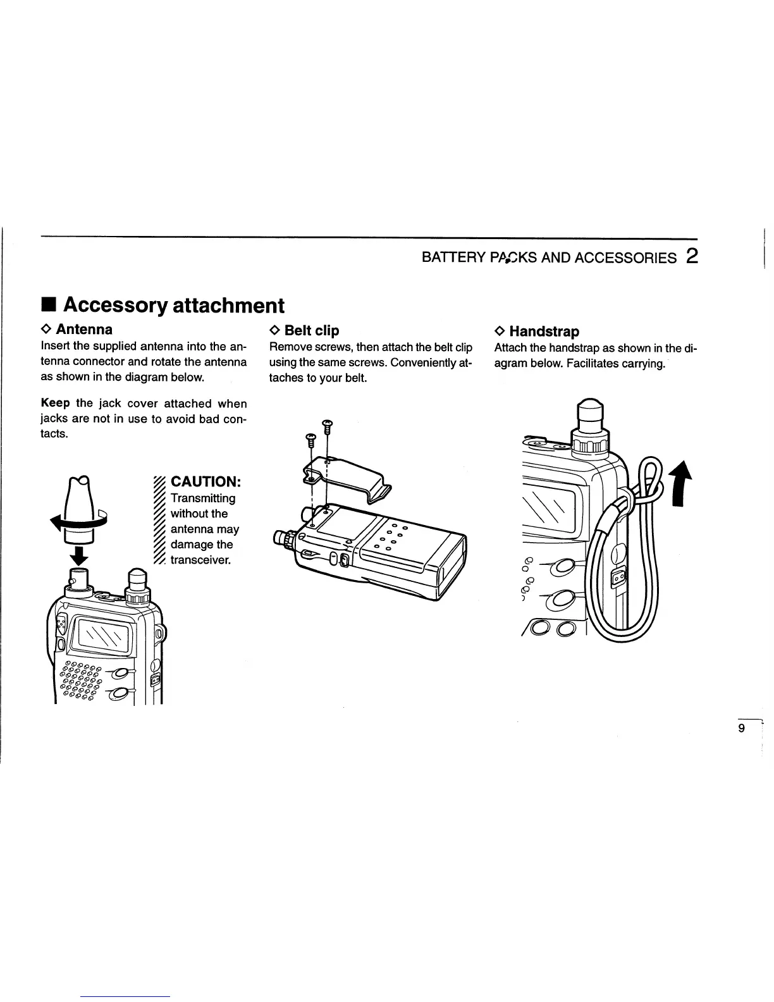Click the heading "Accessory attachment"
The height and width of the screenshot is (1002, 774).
(x=173, y=306)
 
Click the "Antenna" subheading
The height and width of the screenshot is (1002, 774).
(x=84, y=330)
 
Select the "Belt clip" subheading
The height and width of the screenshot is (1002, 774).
(x=311, y=330)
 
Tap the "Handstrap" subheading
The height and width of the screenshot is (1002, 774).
(x=544, y=331)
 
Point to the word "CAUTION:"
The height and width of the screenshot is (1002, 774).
(x=205, y=482)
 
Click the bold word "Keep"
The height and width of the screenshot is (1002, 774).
(x=55, y=404)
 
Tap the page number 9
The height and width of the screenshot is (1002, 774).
(x=742, y=728)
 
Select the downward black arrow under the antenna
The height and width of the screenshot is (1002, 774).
(x=79, y=556)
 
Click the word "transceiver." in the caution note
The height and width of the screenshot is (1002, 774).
(x=201, y=560)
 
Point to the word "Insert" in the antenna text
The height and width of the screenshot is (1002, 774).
(x=55, y=347)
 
